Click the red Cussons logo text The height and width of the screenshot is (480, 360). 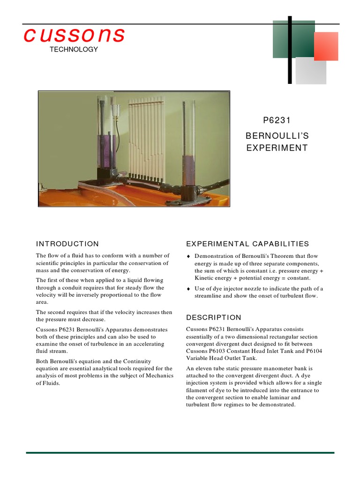coord(74,35)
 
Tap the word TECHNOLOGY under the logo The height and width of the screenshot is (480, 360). coord(74,49)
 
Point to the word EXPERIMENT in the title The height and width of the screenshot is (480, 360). coord(277,148)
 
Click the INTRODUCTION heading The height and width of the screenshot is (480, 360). coord(67,244)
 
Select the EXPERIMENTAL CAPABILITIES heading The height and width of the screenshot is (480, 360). coord(247,244)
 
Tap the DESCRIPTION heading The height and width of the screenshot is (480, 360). coord(214,317)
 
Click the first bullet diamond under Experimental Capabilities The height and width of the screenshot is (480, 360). coord(188,256)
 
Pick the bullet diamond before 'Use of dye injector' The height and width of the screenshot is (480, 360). coord(188,289)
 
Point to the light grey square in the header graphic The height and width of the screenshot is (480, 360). coord(310,71)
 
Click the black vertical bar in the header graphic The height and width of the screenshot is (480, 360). coord(290,50)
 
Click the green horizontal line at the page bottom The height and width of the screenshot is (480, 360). coord(180,453)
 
